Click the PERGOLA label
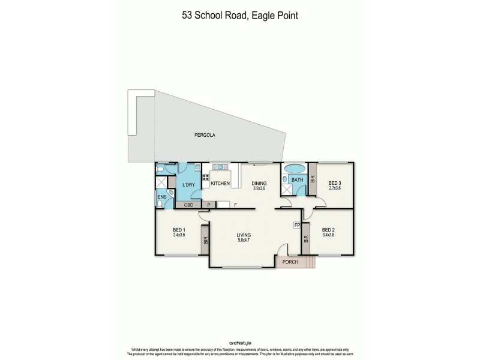coord(205,135)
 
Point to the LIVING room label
coord(243,235)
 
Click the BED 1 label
coord(179,230)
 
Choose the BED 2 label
coord(328,230)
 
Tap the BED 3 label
coord(335,183)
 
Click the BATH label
coord(297,179)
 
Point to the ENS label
coord(161,196)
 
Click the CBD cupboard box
coord(188,205)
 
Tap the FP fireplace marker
coord(296,225)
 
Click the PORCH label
coord(290,262)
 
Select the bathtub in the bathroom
coord(294,168)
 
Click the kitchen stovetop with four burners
coord(205,177)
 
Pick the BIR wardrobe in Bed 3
coord(313,179)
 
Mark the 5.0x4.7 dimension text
coord(243,241)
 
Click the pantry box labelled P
coord(208,205)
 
